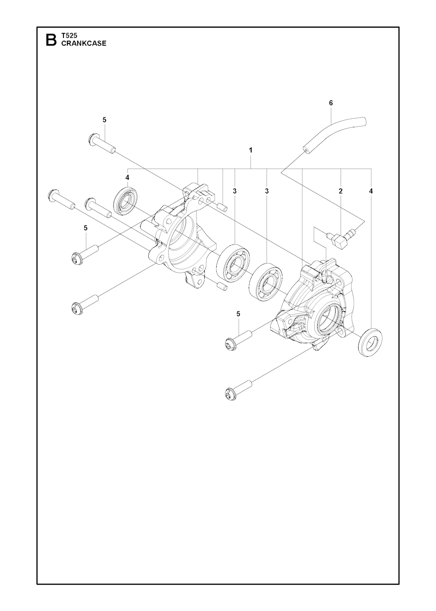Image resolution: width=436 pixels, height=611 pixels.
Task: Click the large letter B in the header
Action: coord(51,40)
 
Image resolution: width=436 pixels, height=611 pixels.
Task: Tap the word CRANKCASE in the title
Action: coord(84,43)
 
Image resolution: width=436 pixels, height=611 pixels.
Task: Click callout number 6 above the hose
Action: coord(331,103)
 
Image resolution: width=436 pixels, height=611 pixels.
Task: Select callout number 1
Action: coord(250,150)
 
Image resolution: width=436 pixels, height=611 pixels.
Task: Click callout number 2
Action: coord(340,191)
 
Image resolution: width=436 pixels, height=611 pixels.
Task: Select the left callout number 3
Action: coord(234,191)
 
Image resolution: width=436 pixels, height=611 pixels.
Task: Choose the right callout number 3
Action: coord(267,191)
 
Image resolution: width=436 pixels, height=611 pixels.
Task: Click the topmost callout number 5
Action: coord(104,120)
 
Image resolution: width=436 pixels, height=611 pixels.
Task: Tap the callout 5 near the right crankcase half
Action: coord(238,314)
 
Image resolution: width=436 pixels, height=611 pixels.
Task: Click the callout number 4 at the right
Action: coord(370,191)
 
